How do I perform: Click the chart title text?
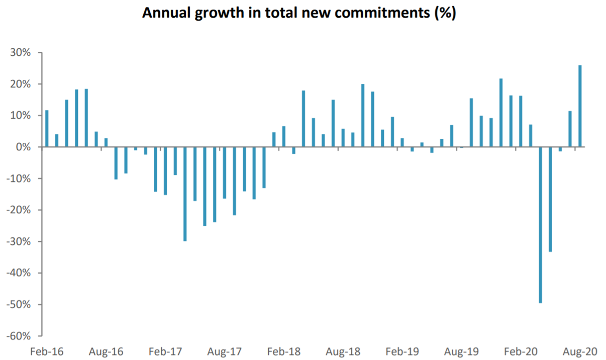tap(299, 13)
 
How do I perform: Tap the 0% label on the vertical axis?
tap(24, 147)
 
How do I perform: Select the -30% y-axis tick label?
tap(20, 241)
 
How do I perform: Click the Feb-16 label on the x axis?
tap(47, 351)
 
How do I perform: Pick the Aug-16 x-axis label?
tap(106, 351)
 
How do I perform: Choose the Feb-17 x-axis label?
tap(166, 351)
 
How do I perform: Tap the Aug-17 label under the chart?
tap(225, 351)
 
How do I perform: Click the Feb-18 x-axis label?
tap(285, 351)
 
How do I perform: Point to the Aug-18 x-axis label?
tap(343, 351)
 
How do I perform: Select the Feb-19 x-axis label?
tap(402, 351)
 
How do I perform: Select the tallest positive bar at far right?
tap(580, 106)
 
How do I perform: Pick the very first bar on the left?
tap(47, 128)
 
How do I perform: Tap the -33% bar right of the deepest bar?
tap(550, 199)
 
